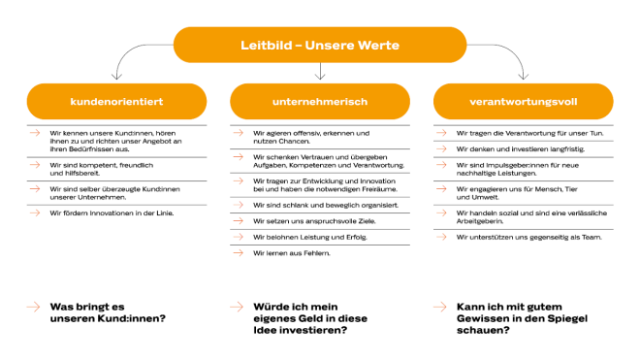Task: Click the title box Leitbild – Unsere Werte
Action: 319,45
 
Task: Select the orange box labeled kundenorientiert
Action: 115,100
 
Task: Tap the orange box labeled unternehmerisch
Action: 319,100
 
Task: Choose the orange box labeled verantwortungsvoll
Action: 523,100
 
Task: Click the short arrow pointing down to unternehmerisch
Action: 319,73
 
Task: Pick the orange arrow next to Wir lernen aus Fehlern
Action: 238,253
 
